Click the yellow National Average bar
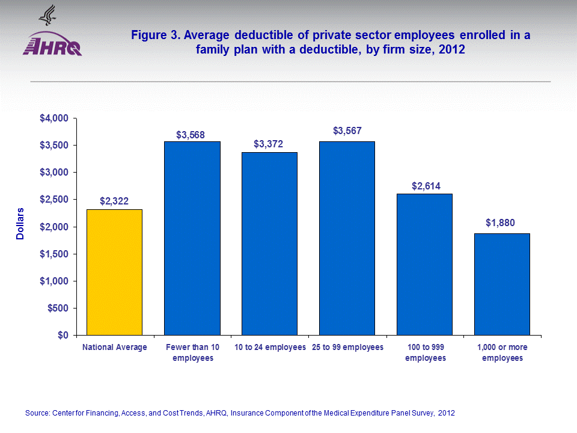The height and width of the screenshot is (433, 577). [x=115, y=272]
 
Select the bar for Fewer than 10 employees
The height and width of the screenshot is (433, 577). [x=192, y=238]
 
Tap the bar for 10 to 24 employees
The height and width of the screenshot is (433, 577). [x=269, y=244]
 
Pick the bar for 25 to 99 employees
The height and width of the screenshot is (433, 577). [x=347, y=238]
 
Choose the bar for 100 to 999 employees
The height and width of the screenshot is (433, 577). [x=424, y=264]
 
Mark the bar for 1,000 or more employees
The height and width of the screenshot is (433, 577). [x=502, y=284]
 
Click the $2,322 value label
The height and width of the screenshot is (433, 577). [x=115, y=200]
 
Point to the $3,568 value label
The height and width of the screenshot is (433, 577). [x=191, y=135]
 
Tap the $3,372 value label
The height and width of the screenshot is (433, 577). [x=268, y=144]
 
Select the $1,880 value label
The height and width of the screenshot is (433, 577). [x=501, y=223]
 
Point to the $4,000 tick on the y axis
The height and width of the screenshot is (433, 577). [x=53, y=118]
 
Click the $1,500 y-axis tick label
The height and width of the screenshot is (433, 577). [x=53, y=254]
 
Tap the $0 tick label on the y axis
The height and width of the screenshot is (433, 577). [x=63, y=336]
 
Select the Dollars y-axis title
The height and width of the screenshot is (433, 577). [x=20, y=224]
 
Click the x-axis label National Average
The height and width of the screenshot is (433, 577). [x=115, y=348]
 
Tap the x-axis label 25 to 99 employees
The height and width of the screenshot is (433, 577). [x=347, y=348]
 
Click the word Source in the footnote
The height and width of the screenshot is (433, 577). [x=37, y=413]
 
